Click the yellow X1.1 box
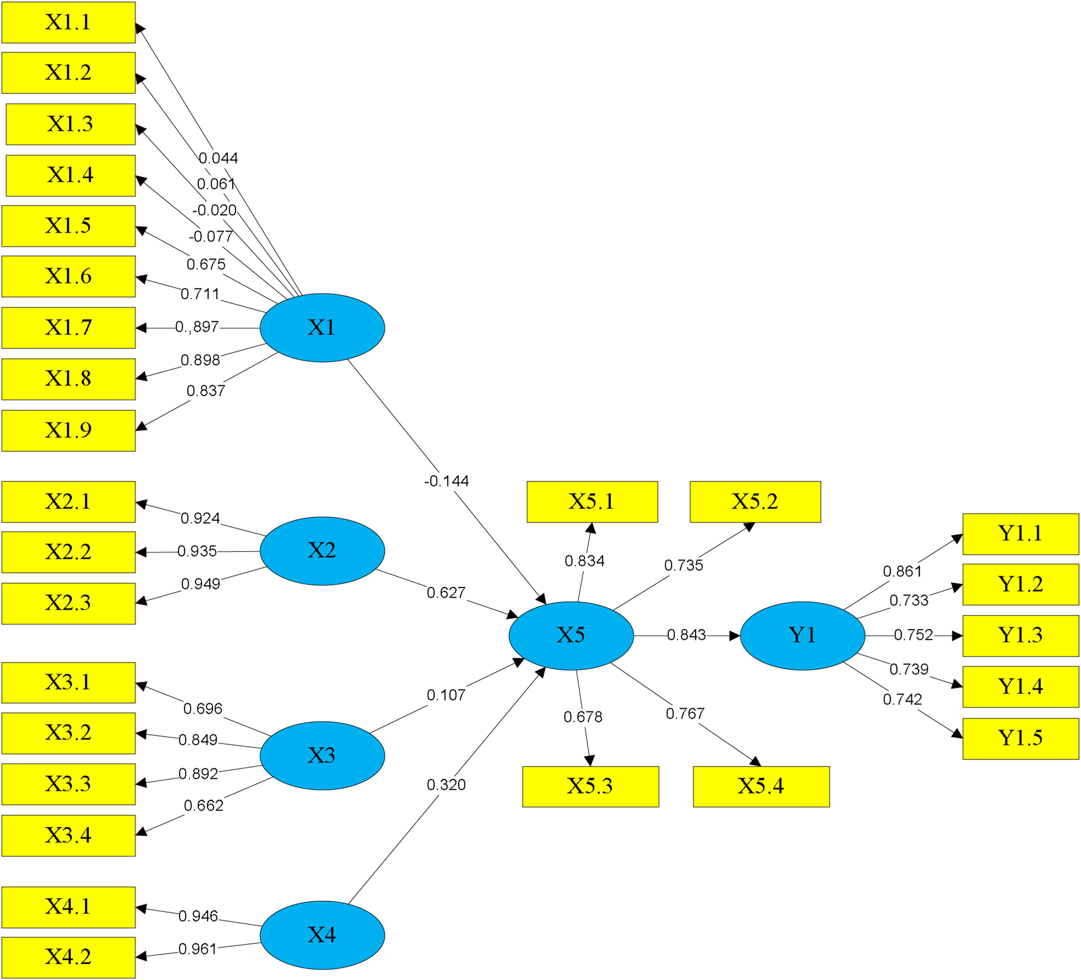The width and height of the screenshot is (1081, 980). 69,23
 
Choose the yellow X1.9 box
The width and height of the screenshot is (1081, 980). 69,431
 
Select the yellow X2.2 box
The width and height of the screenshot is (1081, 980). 69,552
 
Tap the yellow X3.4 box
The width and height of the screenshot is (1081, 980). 69,835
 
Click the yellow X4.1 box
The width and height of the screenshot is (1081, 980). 69,907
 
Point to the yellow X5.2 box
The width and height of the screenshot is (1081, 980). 755,502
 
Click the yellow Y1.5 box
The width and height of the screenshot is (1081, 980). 1020,738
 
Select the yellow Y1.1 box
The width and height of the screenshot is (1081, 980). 1020,534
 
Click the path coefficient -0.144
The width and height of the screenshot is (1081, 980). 446,481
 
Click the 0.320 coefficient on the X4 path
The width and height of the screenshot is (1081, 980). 446,785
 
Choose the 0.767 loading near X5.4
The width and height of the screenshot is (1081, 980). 685,713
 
